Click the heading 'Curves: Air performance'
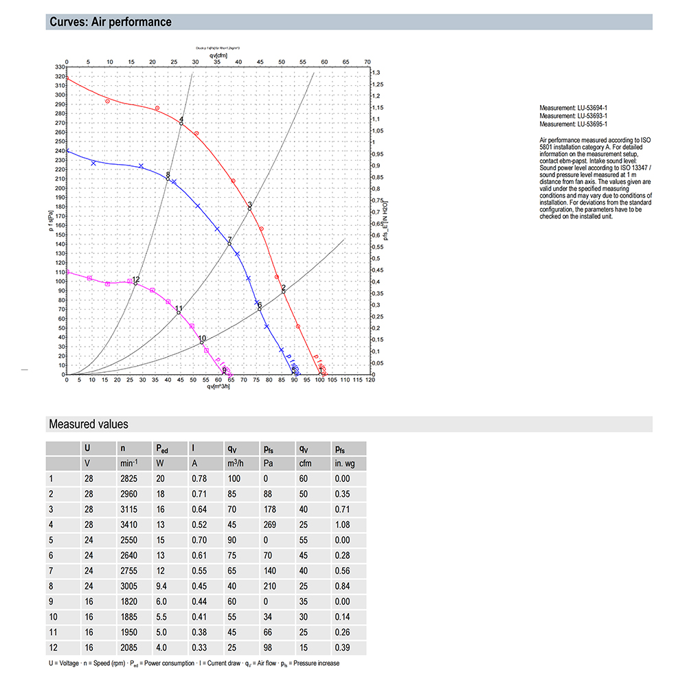click(x=111, y=22)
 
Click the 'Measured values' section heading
click(x=88, y=424)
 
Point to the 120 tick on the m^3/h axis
click(x=370, y=380)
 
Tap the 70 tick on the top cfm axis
click(x=368, y=61)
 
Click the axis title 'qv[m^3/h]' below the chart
click(x=218, y=386)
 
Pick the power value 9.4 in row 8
click(x=162, y=586)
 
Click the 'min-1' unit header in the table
click(x=128, y=463)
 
